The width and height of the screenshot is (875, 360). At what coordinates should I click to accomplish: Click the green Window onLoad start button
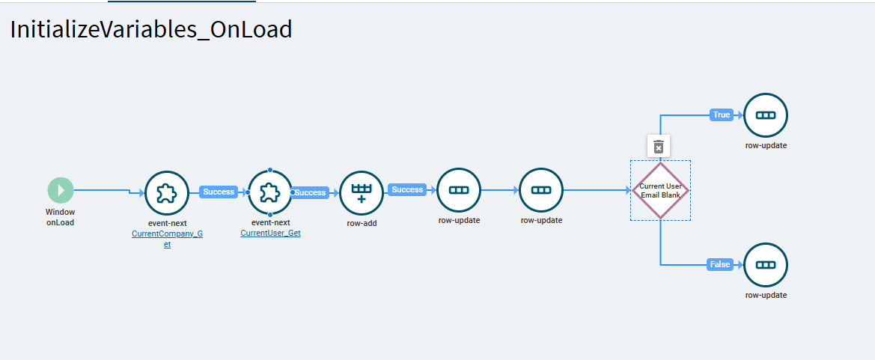pyautogui.click(x=61, y=190)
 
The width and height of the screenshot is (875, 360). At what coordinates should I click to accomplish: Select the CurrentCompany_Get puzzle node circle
pyautogui.click(x=166, y=193)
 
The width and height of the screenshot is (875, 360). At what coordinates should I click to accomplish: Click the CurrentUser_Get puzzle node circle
pyautogui.click(x=269, y=193)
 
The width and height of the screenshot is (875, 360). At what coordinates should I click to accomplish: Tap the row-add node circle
pyautogui.click(x=362, y=193)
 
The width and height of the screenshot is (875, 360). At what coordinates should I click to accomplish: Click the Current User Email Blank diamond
pyautogui.click(x=660, y=190)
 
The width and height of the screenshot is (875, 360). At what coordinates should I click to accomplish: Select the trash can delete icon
pyautogui.click(x=658, y=146)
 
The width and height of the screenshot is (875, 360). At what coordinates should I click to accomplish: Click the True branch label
pyautogui.click(x=722, y=115)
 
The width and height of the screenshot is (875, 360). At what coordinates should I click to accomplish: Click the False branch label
pyautogui.click(x=720, y=264)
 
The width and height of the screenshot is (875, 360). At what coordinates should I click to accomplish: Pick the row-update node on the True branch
pyautogui.click(x=766, y=115)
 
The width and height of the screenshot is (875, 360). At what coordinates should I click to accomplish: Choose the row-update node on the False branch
pyautogui.click(x=766, y=265)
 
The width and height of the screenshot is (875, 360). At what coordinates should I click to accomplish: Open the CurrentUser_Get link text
pyautogui.click(x=270, y=233)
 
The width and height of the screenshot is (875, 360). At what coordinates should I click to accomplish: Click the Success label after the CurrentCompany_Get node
pyautogui.click(x=219, y=192)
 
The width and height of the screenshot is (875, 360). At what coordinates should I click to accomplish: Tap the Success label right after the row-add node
pyautogui.click(x=407, y=189)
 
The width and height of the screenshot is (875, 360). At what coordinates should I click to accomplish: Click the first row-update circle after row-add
pyautogui.click(x=459, y=190)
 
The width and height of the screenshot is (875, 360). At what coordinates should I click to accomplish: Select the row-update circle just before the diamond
pyautogui.click(x=541, y=190)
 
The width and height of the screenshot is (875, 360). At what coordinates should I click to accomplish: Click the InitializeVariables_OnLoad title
pyautogui.click(x=150, y=30)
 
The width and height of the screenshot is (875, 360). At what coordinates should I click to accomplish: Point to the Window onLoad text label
pyautogui.click(x=61, y=217)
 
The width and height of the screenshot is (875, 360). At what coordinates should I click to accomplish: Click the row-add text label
pyautogui.click(x=362, y=222)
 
